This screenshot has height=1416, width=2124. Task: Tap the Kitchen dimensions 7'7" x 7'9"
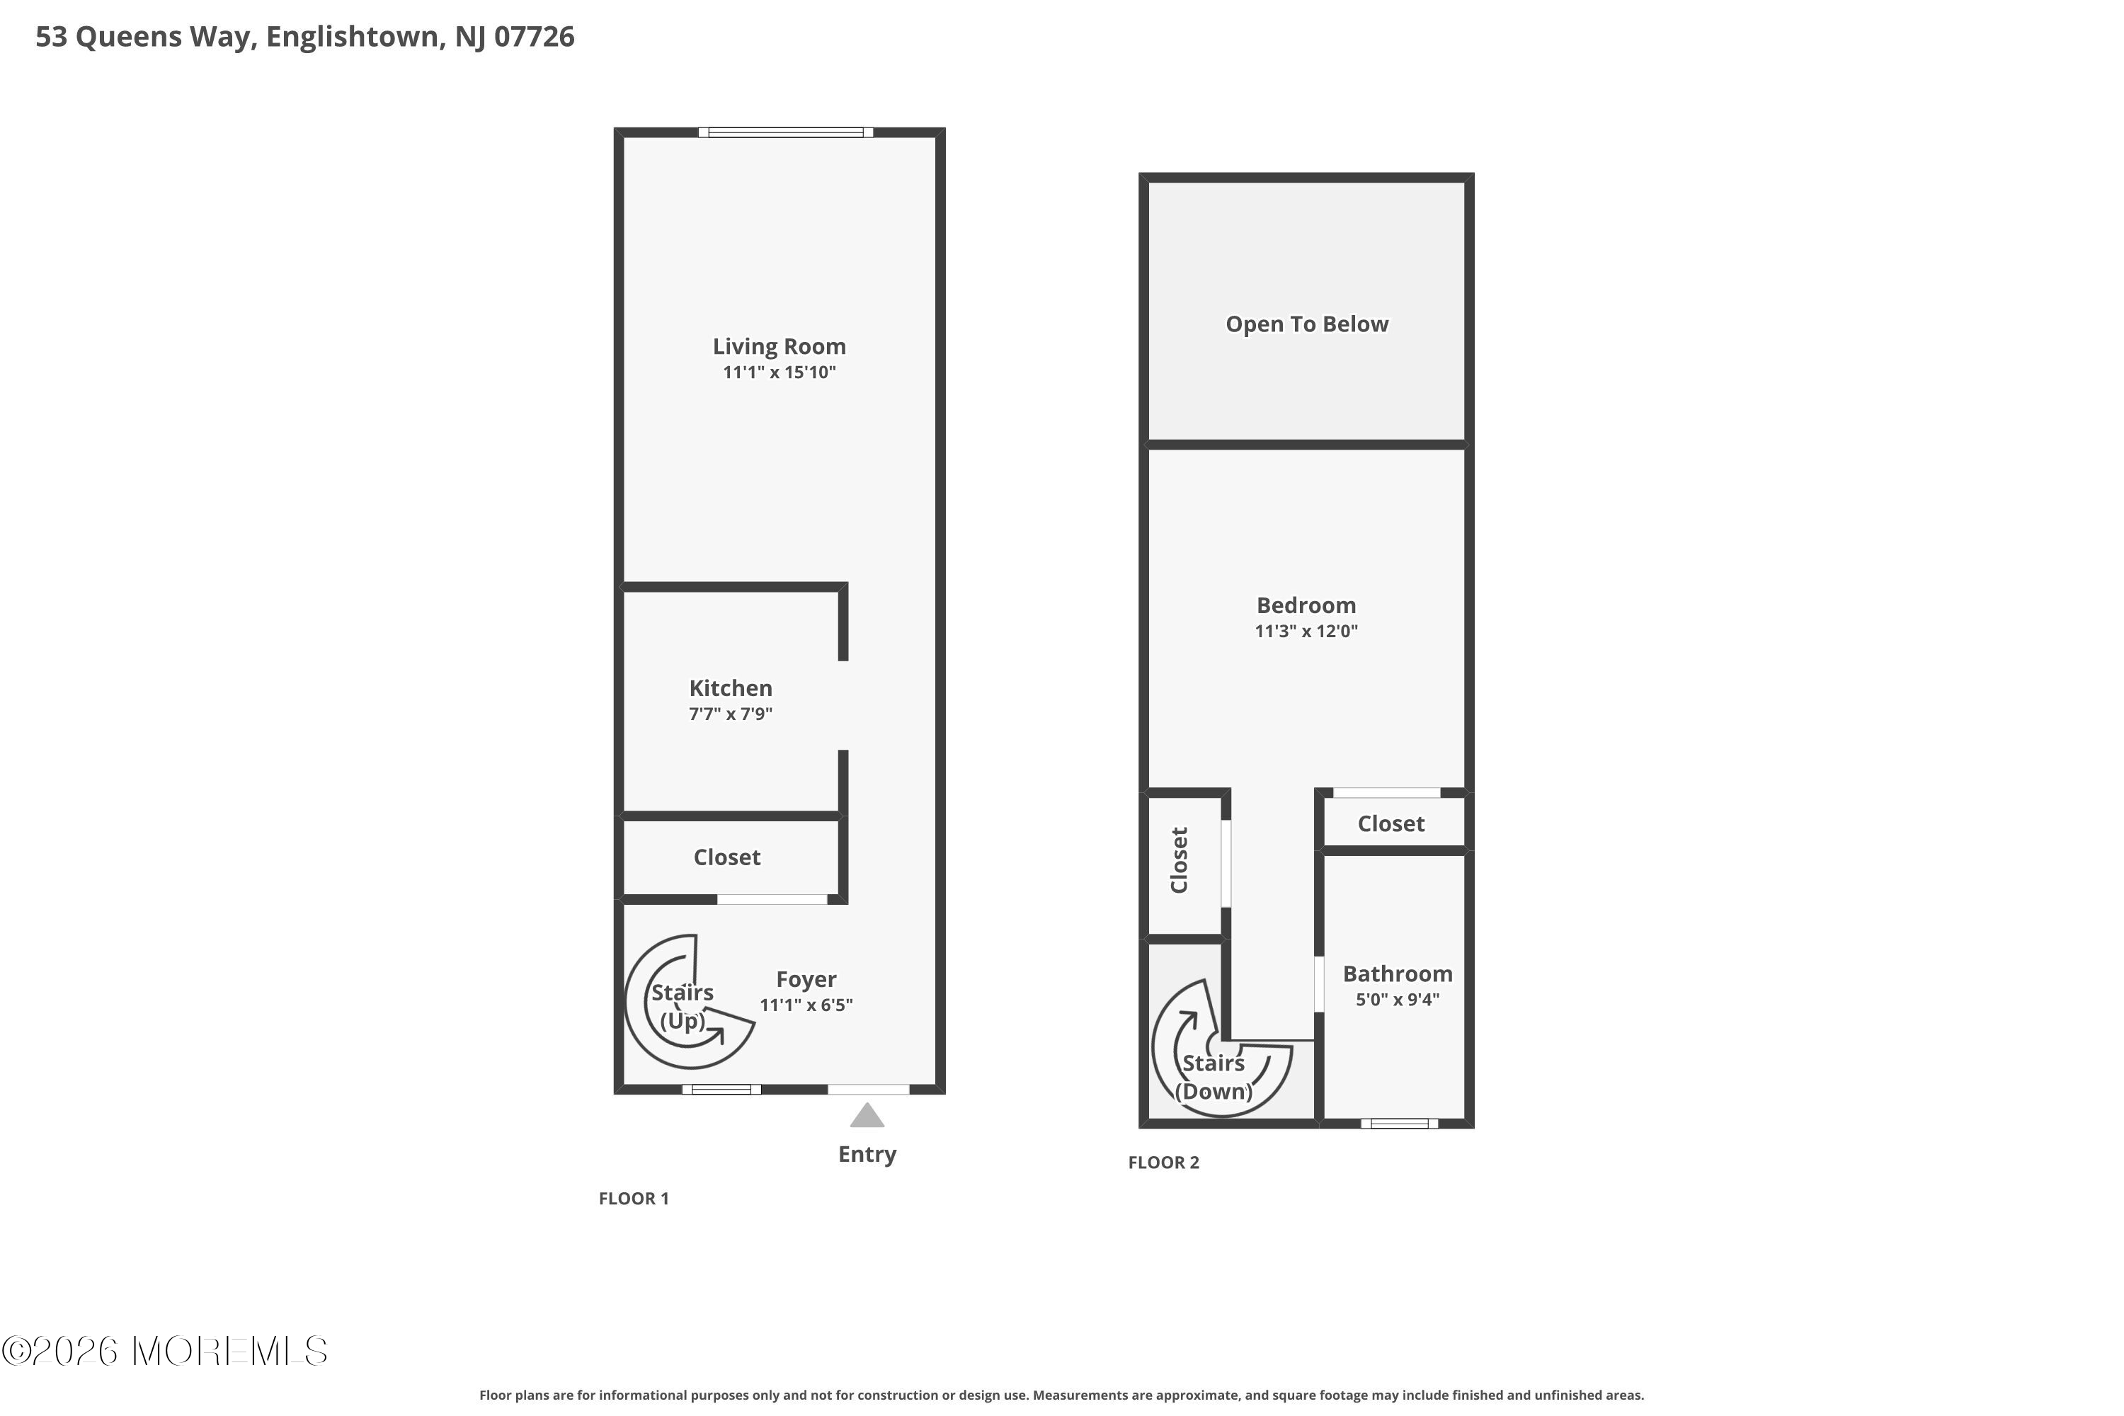pyautogui.click(x=730, y=714)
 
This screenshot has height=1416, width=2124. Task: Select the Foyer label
pyautogui.click(x=806, y=980)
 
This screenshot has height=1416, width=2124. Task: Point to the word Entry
pyautogui.click(x=867, y=1154)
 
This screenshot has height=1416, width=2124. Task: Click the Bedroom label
pyautogui.click(x=1306, y=605)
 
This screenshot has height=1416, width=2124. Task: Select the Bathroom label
pyautogui.click(x=1397, y=973)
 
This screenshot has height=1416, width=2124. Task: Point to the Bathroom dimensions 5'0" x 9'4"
pyautogui.click(x=1397, y=999)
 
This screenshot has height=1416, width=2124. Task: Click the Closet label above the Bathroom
pyautogui.click(x=1391, y=823)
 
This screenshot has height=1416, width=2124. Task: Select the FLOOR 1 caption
pyautogui.click(x=633, y=1199)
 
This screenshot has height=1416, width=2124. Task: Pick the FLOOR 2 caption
pyautogui.click(x=1163, y=1163)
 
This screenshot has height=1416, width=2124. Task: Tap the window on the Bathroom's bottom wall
pyautogui.click(x=1399, y=1124)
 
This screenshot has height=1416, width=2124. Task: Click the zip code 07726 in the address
pyautogui.click(x=534, y=36)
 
